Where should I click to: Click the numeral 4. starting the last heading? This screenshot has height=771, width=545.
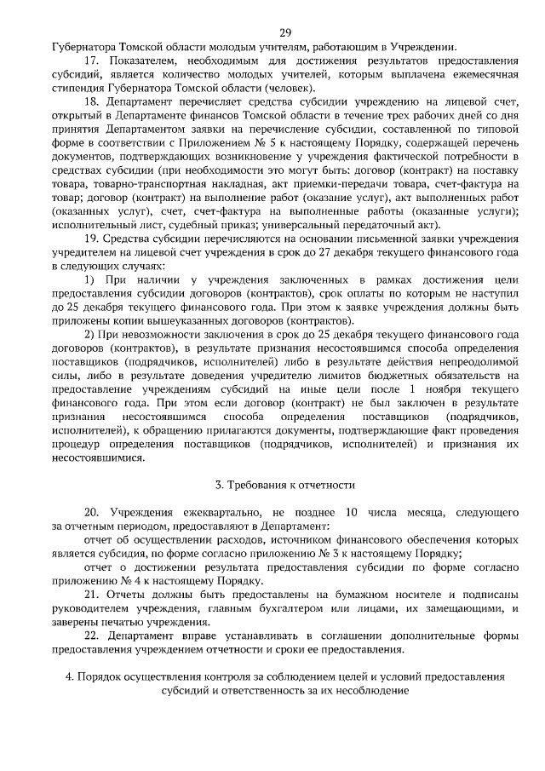(x=71, y=676)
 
